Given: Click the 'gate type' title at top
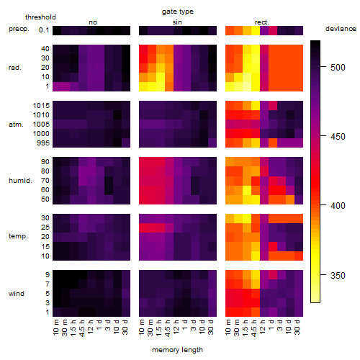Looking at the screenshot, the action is click(178, 12).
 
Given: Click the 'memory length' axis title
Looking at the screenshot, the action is click(177, 350).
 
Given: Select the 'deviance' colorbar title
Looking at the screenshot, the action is click(341, 29).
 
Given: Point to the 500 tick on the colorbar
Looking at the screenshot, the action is click(323, 67).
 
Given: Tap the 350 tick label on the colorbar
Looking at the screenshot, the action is click(338, 275).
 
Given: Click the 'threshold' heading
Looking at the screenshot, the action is click(40, 17).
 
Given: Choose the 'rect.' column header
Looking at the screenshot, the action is click(261, 22).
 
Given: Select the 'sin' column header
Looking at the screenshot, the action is click(177, 22).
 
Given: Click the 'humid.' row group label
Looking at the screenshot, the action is click(20, 181).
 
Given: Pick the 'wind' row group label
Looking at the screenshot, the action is click(17, 294).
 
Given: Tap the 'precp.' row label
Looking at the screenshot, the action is click(19, 29).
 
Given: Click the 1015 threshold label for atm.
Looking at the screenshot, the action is click(41, 106).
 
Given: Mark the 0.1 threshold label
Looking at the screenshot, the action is click(44, 30).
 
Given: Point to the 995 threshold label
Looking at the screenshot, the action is click(43, 143).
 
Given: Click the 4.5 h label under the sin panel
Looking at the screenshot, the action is click(168, 328).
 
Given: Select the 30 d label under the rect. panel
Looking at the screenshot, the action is click(297, 327).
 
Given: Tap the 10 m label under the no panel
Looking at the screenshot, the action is click(55, 328).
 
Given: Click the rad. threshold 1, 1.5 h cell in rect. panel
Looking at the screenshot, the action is click(247, 86).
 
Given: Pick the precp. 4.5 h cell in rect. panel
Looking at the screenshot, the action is click(256, 30).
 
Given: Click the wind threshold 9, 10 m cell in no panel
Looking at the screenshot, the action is click(57, 275).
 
